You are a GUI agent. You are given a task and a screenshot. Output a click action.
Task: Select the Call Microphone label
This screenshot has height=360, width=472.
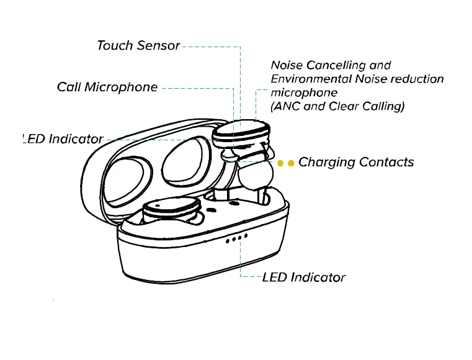(107, 88)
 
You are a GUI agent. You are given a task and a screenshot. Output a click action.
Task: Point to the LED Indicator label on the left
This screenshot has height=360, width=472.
(62, 139)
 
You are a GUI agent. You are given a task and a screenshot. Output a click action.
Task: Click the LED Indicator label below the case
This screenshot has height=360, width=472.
(304, 277)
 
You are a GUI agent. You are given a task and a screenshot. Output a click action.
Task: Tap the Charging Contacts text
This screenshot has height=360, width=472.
(356, 163)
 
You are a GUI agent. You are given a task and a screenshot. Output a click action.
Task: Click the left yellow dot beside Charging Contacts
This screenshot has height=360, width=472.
(280, 163)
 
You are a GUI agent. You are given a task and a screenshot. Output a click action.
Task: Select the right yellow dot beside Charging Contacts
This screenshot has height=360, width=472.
(290, 163)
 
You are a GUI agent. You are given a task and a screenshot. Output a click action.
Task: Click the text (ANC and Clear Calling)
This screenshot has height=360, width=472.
(337, 106)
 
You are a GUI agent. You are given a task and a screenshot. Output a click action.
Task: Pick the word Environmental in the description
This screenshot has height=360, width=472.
(311, 79)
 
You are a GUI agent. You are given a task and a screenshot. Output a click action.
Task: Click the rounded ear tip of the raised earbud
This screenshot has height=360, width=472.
(255, 176)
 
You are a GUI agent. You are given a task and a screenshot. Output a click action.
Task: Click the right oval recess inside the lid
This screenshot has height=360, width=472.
(184, 162)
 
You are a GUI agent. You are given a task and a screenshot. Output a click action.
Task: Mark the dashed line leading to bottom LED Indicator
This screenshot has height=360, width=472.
(241, 261)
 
